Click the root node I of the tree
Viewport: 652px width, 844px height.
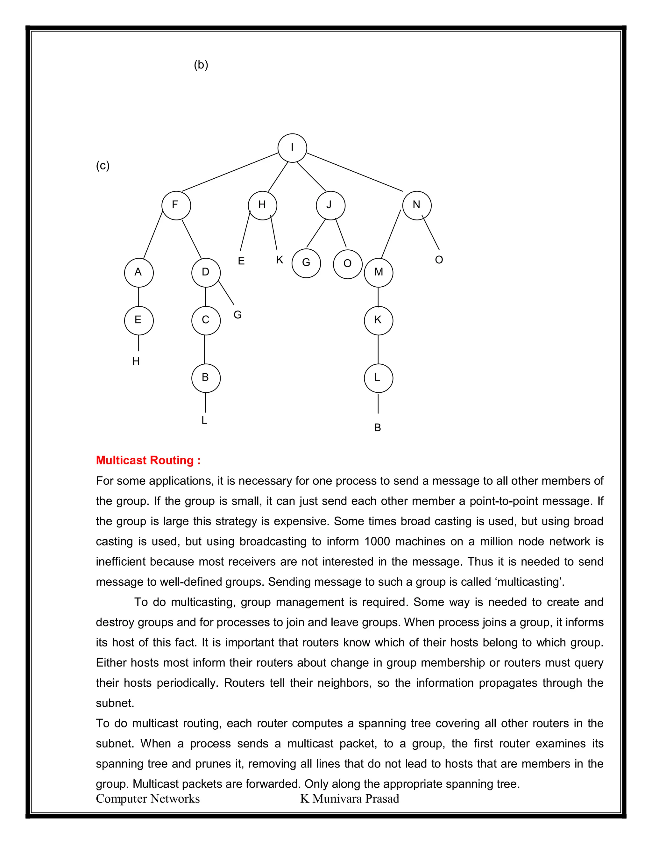[x=292, y=148]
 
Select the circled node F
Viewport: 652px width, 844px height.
[x=176, y=205]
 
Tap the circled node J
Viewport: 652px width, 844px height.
[x=330, y=205]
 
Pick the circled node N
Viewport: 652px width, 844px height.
[x=417, y=205]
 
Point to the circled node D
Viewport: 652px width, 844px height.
[x=206, y=272]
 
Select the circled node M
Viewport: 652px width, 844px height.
[x=379, y=272]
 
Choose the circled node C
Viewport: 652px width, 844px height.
[x=206, y=320]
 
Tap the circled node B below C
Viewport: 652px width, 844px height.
[x=206, y=378]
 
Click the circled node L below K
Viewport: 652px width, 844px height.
[x=379, y=378]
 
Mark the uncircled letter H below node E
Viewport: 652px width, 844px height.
[x=136, y=361]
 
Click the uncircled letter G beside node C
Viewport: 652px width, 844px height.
[x=237, y=315]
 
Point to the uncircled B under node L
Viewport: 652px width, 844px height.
[x=378, y=428]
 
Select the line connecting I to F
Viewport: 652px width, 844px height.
[x=230, y=172]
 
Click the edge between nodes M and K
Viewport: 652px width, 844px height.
[x=378, y=297]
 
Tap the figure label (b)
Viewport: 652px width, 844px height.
[x=201, y=65]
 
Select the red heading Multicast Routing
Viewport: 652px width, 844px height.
[x=148, y=460]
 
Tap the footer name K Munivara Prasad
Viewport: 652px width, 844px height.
[x=350, y=798]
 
